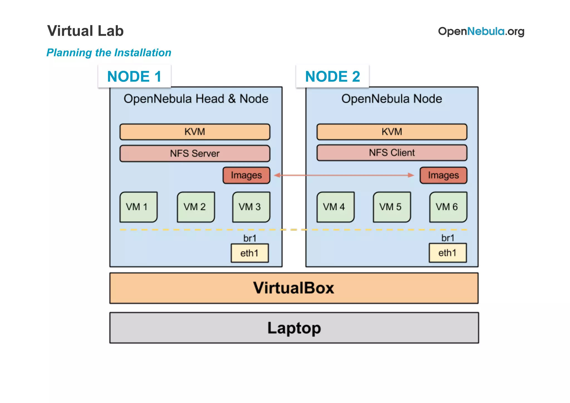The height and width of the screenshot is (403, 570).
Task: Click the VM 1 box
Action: tap(138, 207)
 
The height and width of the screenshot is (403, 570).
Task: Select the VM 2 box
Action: tap(196, 207)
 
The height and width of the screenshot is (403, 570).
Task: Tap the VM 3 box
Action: tap(251, 207)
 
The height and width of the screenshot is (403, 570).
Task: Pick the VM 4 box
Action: tap(335, 207)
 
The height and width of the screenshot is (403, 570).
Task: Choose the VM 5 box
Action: tap(392, 207)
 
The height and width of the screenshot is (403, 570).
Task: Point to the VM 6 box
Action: tap(448, 207)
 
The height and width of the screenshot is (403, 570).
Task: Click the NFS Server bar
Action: tap(195, 153)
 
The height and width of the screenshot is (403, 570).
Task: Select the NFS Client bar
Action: tap(392, 153)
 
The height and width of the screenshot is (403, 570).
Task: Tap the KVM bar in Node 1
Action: tap(195, 132)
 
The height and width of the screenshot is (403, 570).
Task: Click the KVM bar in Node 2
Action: tap(392, 132)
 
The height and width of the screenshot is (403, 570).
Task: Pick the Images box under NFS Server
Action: tap(246, 175)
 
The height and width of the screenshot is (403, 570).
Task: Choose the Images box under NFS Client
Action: tap(443, 175)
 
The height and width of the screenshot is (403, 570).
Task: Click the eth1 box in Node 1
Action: tap(250, 253)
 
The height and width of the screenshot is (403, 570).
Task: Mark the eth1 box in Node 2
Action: tap(448, 253)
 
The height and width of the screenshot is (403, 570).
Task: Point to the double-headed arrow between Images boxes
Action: tap(344, 175)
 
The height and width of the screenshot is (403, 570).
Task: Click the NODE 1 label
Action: tap(134, 76)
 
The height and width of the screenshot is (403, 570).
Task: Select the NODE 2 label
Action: tap(332, 76)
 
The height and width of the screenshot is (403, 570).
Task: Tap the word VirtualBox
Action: tap(293, 288)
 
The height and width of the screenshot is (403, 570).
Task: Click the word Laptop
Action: tap(294, 328)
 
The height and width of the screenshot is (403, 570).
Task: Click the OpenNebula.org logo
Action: tap(481, 31)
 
